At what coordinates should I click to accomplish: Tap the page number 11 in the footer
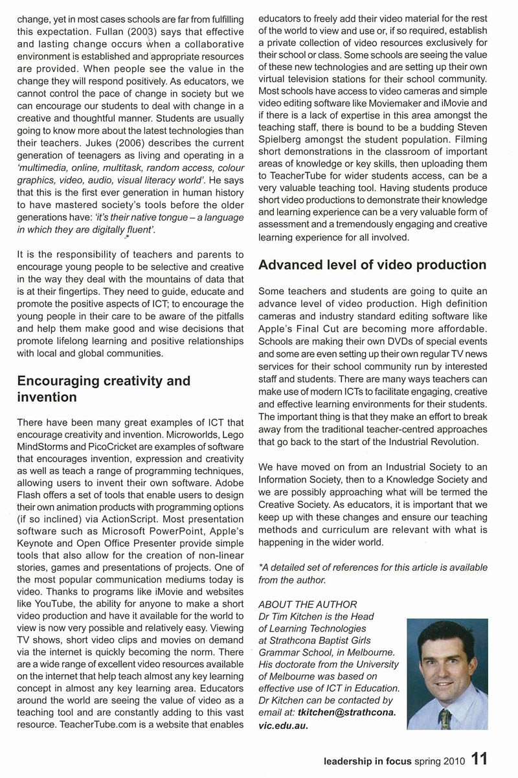click(x=479, y=759)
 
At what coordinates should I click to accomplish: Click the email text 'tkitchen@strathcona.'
click(x=349, y=713)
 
